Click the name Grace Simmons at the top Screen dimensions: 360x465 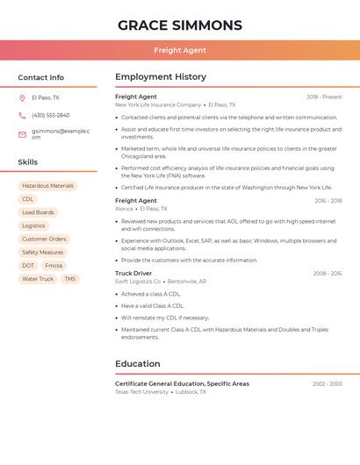click(180, 25)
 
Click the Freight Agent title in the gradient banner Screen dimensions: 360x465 click(180, 50)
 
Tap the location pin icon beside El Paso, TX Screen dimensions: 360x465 click(22, 97)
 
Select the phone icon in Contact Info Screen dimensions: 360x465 click(22, 115)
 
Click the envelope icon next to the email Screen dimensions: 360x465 click(22, 134)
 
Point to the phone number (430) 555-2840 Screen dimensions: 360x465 click(51, 115)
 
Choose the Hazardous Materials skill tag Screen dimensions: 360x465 click(47, 186)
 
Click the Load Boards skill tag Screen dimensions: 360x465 click(38, 212)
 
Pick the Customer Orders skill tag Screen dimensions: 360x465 click(44, 239)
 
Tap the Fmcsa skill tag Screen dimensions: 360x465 click(54, 266)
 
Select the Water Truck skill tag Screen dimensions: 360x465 click(38, 279)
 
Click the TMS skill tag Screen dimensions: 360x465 click(70, 279)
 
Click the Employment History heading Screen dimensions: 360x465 click(161, 76)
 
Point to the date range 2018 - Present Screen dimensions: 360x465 click(324, 97)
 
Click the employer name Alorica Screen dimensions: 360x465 click(124, 209)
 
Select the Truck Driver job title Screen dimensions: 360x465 click(133, 273)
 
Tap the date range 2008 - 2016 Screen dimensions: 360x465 click(327, 274)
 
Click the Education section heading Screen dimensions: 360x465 click(138, 363)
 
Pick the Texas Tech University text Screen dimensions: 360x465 click(141, 392)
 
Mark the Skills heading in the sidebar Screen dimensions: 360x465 click(28, 162)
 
